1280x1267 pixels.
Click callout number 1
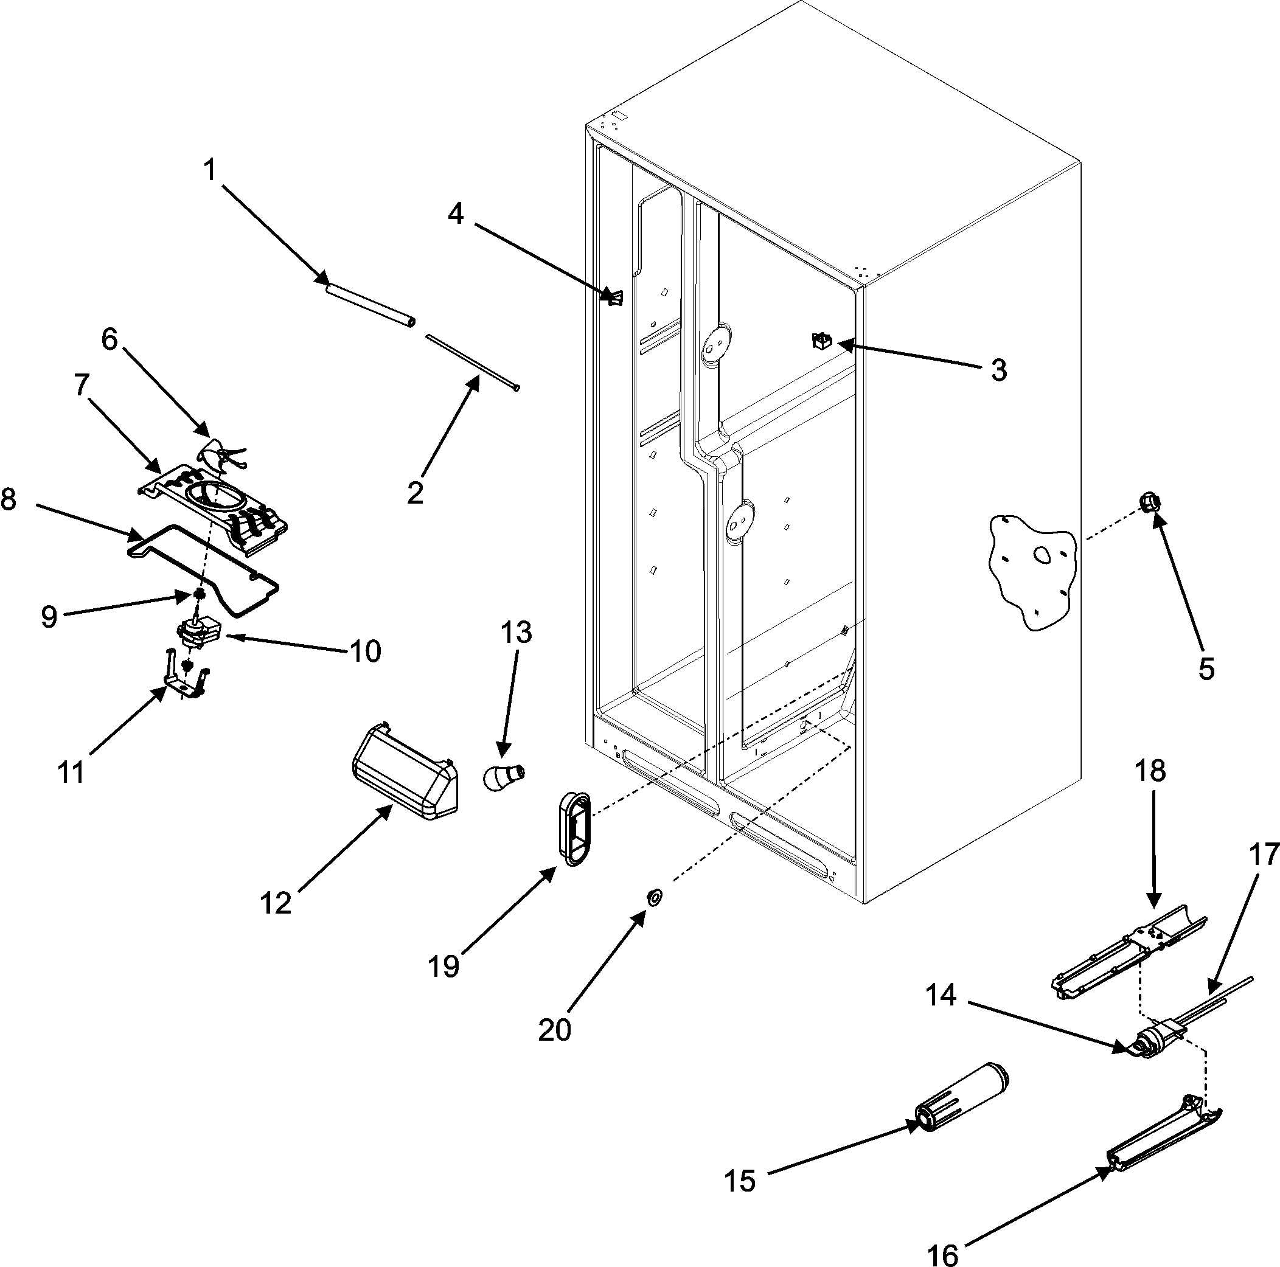coord(209,171)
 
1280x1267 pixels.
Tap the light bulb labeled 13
coord(506,776)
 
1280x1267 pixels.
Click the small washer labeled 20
coord(654,898)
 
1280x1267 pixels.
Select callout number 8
coord(9,499)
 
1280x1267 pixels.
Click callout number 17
coord(1264,855)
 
